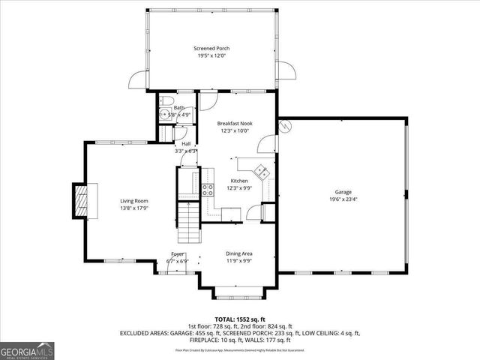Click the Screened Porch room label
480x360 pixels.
(212, 48)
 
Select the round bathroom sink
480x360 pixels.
(164, 115)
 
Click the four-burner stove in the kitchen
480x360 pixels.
(207, 189)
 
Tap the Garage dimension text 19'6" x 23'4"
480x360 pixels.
(343, 199)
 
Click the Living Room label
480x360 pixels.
(135, 201)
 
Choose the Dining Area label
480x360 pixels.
(238, 253)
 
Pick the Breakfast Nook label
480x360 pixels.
(235, 123)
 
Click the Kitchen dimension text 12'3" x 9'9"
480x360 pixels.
(238, 188)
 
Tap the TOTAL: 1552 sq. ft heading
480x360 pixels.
(239, 319)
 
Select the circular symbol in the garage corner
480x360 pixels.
(284, 127)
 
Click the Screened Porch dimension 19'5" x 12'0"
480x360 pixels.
(212, 55)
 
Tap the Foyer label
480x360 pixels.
(178, 254)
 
